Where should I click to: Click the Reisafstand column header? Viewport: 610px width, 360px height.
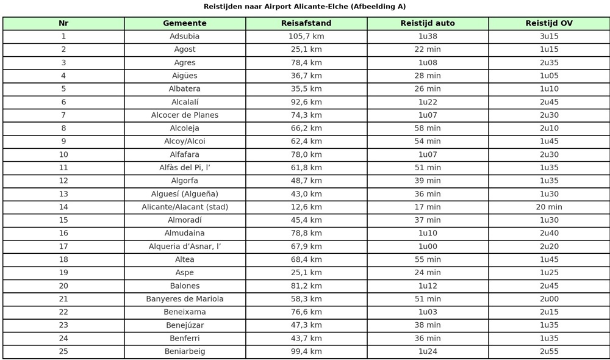tap(306, 23)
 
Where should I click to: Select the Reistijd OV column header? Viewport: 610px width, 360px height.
tap(549, 23)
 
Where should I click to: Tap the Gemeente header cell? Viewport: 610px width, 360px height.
tap(185, 23)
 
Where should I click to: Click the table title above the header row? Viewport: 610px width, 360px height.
tap(304, 7)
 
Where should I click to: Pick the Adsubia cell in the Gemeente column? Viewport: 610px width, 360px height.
tap(185, 37)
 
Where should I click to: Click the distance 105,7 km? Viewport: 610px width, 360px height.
tap(306, 37)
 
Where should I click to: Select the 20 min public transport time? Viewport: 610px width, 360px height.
tap(549, 207)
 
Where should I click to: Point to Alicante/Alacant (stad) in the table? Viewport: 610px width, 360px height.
tap(185, 207)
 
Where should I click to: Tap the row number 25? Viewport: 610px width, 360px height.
tap(63, 351)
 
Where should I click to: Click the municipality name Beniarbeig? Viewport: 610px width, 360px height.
tap(185, 351)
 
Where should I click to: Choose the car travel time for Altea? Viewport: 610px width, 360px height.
tap(428, 259)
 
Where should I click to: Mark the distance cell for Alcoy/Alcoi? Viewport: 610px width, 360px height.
tap(306, 142)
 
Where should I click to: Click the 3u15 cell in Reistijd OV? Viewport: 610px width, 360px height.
tap(549, 37)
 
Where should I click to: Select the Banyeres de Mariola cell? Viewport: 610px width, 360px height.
tap(185, 299)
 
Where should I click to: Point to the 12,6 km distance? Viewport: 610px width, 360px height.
tap(306, 207)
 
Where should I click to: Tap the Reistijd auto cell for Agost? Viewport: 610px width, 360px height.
tap(428, 49)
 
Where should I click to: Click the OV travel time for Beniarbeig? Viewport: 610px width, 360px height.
tap(549, 351)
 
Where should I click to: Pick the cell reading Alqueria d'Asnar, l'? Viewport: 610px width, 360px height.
tap(185, 247)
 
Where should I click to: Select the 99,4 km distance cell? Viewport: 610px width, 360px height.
tap(306, 351)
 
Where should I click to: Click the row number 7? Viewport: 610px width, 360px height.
tap(63, 115)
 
